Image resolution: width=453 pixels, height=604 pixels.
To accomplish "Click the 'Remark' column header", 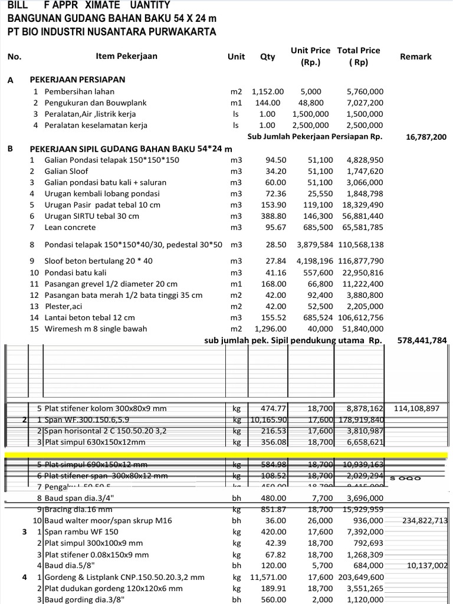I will tap(415, 57).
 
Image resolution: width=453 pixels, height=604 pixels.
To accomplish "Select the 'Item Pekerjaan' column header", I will tap(126, 57).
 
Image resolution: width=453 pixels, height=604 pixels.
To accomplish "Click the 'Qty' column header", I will tap(267, 57).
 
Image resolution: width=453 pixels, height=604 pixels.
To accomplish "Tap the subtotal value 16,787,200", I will tap(426, 137).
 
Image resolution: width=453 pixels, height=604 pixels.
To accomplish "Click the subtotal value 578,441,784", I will tap(422, 340).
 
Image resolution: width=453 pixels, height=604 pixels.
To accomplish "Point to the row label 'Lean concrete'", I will tap(70, 227).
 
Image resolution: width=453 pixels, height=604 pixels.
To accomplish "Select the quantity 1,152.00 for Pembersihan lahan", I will tap(268, 91).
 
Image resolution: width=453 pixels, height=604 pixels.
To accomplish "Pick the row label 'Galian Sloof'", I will tap(67, 171).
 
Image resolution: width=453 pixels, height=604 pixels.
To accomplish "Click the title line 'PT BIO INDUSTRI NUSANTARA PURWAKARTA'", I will tap(111, 32).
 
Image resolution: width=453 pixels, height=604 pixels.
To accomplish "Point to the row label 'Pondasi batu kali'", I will tap(75, 273).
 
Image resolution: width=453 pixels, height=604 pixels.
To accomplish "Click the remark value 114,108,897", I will tap(421, 408).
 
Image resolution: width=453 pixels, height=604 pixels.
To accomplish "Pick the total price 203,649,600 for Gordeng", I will tap(361, 577).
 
